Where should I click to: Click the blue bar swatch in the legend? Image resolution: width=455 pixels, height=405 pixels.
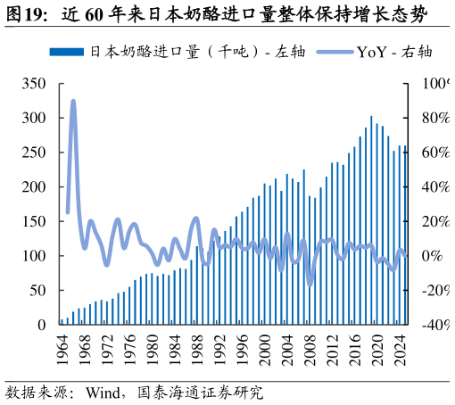[x=67, y=52]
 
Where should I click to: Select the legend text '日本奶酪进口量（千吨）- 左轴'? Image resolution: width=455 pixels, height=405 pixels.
[x=197, y=52]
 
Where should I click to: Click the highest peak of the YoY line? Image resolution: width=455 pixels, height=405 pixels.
[x=73, y=102]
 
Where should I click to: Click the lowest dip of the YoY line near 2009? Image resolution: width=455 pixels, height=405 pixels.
[x=310, y=284]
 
